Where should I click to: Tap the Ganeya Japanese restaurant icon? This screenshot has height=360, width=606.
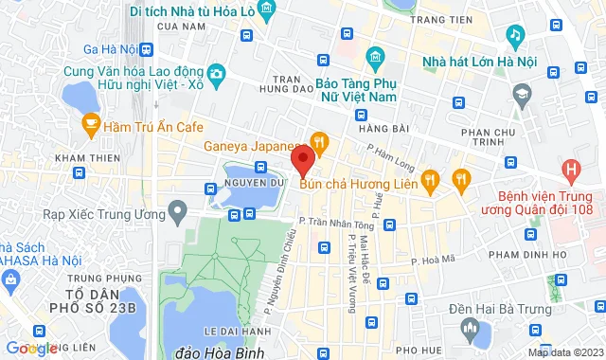[x=321, y=145]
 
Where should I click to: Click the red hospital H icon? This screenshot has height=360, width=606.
[x=571, y=171]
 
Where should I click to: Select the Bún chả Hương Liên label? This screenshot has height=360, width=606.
[x=358, y=183]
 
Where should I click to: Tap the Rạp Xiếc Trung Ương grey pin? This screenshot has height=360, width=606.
[x=176, y=215]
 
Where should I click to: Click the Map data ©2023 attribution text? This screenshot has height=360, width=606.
[x=565, y=352]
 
